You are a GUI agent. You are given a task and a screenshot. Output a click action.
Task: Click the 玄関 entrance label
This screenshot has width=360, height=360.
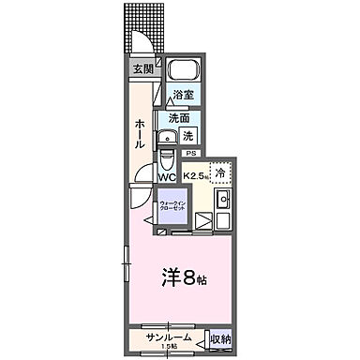click(142, 68)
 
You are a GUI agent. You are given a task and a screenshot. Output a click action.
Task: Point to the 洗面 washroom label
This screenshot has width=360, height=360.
click(178, 119)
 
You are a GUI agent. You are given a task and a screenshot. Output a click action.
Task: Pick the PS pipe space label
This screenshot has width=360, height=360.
click(191, 153)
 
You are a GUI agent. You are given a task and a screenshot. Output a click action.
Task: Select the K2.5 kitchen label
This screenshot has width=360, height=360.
click(195, 175)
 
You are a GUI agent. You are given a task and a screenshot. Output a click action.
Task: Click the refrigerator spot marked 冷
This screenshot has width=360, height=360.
click(220, 172)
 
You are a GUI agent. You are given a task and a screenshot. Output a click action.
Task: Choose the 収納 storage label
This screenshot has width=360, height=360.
click(219, 338)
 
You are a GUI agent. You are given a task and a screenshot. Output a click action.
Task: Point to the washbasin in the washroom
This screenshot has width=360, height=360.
click(166, 117)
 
